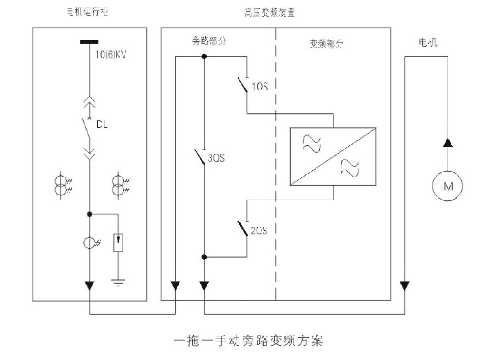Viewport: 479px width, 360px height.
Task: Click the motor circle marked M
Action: (x=447, y=186)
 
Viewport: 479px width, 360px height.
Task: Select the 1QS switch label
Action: (x=260, y=87)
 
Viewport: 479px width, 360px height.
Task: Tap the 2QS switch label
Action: (x=259, y=231)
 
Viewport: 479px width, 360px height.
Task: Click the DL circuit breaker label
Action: (x=102, y=124)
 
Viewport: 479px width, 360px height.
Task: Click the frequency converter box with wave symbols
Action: (x=333, y=157)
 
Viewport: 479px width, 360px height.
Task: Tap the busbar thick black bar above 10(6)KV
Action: (x=89, y=42)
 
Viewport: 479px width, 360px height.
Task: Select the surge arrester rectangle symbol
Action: (x=118, y=242)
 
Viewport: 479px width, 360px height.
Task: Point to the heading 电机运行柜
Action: (x=88, y=12)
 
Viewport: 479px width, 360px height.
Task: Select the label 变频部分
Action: (x=326, y=44)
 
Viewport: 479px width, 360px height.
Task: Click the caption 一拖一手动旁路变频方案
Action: (x=249, y=341)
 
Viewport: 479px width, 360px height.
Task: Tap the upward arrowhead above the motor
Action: (x=447, y=142)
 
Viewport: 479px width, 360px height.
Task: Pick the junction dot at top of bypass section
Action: (x=204, y=56)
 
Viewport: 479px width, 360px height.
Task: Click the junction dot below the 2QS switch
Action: (x=204, y=257)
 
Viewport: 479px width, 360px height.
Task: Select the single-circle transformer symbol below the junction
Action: (x=89, y=243)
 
